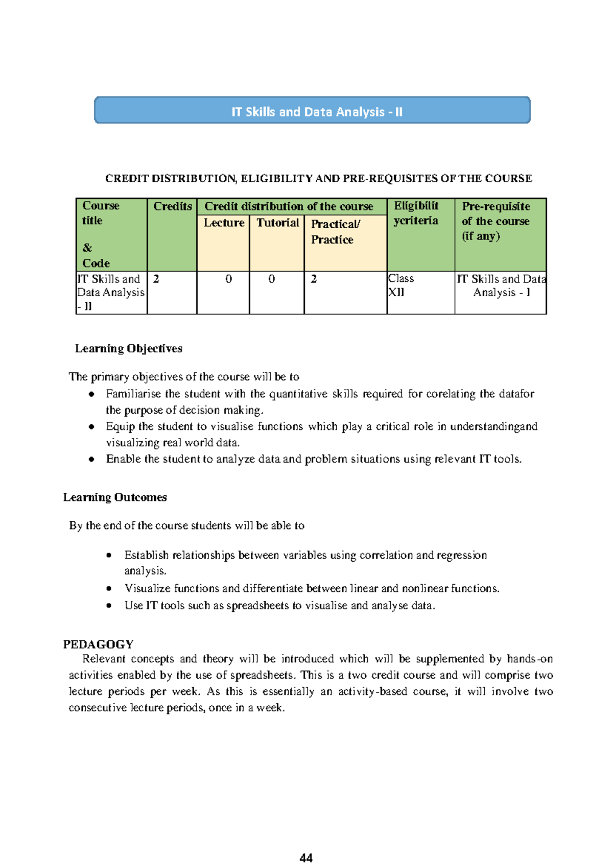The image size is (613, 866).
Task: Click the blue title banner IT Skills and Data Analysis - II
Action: click(x=312, y=111)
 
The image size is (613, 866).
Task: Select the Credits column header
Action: click(x=172, y=206)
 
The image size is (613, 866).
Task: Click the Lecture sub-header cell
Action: click(x=224, y=223)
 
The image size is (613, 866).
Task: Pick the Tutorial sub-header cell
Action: click(x=277, y=223)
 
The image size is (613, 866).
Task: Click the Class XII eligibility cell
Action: click(x=401, y=285)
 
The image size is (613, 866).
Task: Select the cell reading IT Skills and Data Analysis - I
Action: click(x=501, y=286)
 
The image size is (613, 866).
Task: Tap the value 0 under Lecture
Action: click(x=228, y=279)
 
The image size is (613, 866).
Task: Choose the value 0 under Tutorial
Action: click(x=271, y=279)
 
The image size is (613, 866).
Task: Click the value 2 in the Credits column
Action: click(x=156, y=279)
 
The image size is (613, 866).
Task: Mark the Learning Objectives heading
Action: click(x=129, y=348)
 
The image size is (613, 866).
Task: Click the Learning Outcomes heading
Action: click(x=115, y=497)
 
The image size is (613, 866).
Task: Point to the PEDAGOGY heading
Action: click(x=98, y=644)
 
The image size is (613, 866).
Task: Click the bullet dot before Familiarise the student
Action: click(x=91, y=394)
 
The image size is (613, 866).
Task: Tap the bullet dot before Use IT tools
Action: click(x=109, y=606)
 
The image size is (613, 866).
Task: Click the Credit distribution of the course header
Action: click(x=289, y=206)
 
